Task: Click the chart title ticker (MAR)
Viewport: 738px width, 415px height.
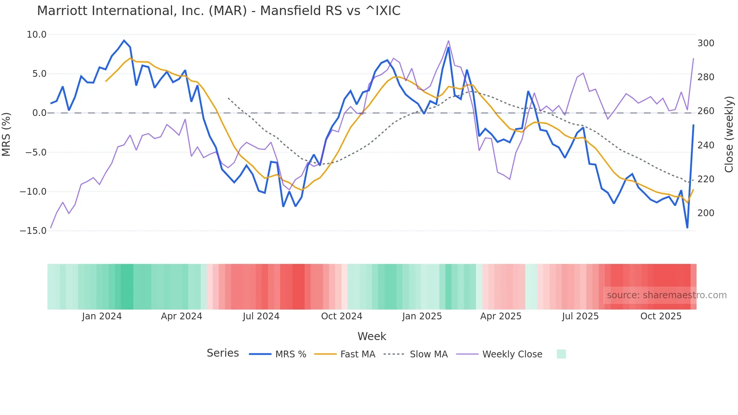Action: pyautogui.click(x=228, y=11)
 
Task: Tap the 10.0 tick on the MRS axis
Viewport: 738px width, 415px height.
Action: pyautogui.click(x=37, y=35)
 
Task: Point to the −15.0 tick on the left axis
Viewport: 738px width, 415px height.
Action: pyautogui.click(x=33, y=231)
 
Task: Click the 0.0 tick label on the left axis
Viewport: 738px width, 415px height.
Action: pyautogui.click(x=39, y=113)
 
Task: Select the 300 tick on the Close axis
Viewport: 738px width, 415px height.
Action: pyautogui.click(x=706, y=43)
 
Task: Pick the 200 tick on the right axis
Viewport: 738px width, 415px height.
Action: pyautogui.click(x=706, y=213)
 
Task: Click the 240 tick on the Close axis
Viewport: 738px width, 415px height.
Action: pyautogui.click(x=706, y=145)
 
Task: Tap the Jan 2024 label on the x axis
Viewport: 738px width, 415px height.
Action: pyautogui.click(x=102, y=316)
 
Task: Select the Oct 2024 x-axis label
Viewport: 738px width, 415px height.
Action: pyautogui.click(x=342, y=316)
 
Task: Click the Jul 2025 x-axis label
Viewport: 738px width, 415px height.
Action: pyautogui.click(x=580, y=316)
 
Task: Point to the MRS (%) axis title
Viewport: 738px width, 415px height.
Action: pyautogui.click(x=6, y=134)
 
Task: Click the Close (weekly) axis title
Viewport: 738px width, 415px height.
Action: pyautogui.click(x=729, y=134)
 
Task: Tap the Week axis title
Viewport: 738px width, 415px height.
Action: pyautogui.click(x=372, y=336)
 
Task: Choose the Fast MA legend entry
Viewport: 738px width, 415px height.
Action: pyautogui.click(x=357, y=354)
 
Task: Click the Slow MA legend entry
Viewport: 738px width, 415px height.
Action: pyautogui.click(x=428, y=354)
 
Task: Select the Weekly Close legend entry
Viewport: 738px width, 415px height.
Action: pyautogui.click(x=512, y=354)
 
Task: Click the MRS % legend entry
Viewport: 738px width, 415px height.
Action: pyautogui.click(x=290, y=354)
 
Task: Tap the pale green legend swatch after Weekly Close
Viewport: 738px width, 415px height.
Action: pyautogui.click(x=561, y=354)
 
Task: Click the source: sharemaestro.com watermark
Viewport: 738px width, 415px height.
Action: pyautogui.click(x=666, y=295)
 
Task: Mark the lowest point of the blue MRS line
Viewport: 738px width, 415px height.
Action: pyautogui.click(x=687, y=228)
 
